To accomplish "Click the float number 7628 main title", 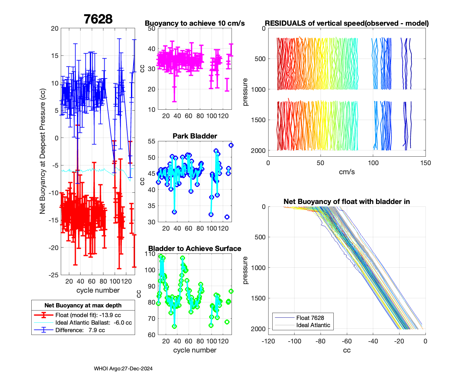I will [x=98, y=19].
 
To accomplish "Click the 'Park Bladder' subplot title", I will [x=195, y=136].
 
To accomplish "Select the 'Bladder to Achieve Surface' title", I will [x=195, y=248].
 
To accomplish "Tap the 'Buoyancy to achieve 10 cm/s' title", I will [x=195, y=23].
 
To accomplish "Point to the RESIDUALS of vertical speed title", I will [x=347, y=23].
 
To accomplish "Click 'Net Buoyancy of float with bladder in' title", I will [x=347, y=202].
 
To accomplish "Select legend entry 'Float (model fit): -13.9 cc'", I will [x=88, y=315].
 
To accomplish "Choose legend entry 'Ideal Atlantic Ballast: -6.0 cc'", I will [x=93, y=323].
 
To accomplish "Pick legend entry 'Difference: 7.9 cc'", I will [x=80, y=330].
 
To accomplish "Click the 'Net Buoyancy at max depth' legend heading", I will [x=83, y=305].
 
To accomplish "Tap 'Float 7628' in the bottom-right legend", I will [x=310, y=318].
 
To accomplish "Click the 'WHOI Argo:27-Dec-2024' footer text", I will [x=123, y=369].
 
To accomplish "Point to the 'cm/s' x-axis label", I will [x=347, y=172].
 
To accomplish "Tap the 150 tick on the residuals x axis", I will [x=426, y=163].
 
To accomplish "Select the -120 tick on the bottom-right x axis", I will [x=268, y=341].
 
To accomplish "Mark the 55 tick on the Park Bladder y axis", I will [x=152, y=141].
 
